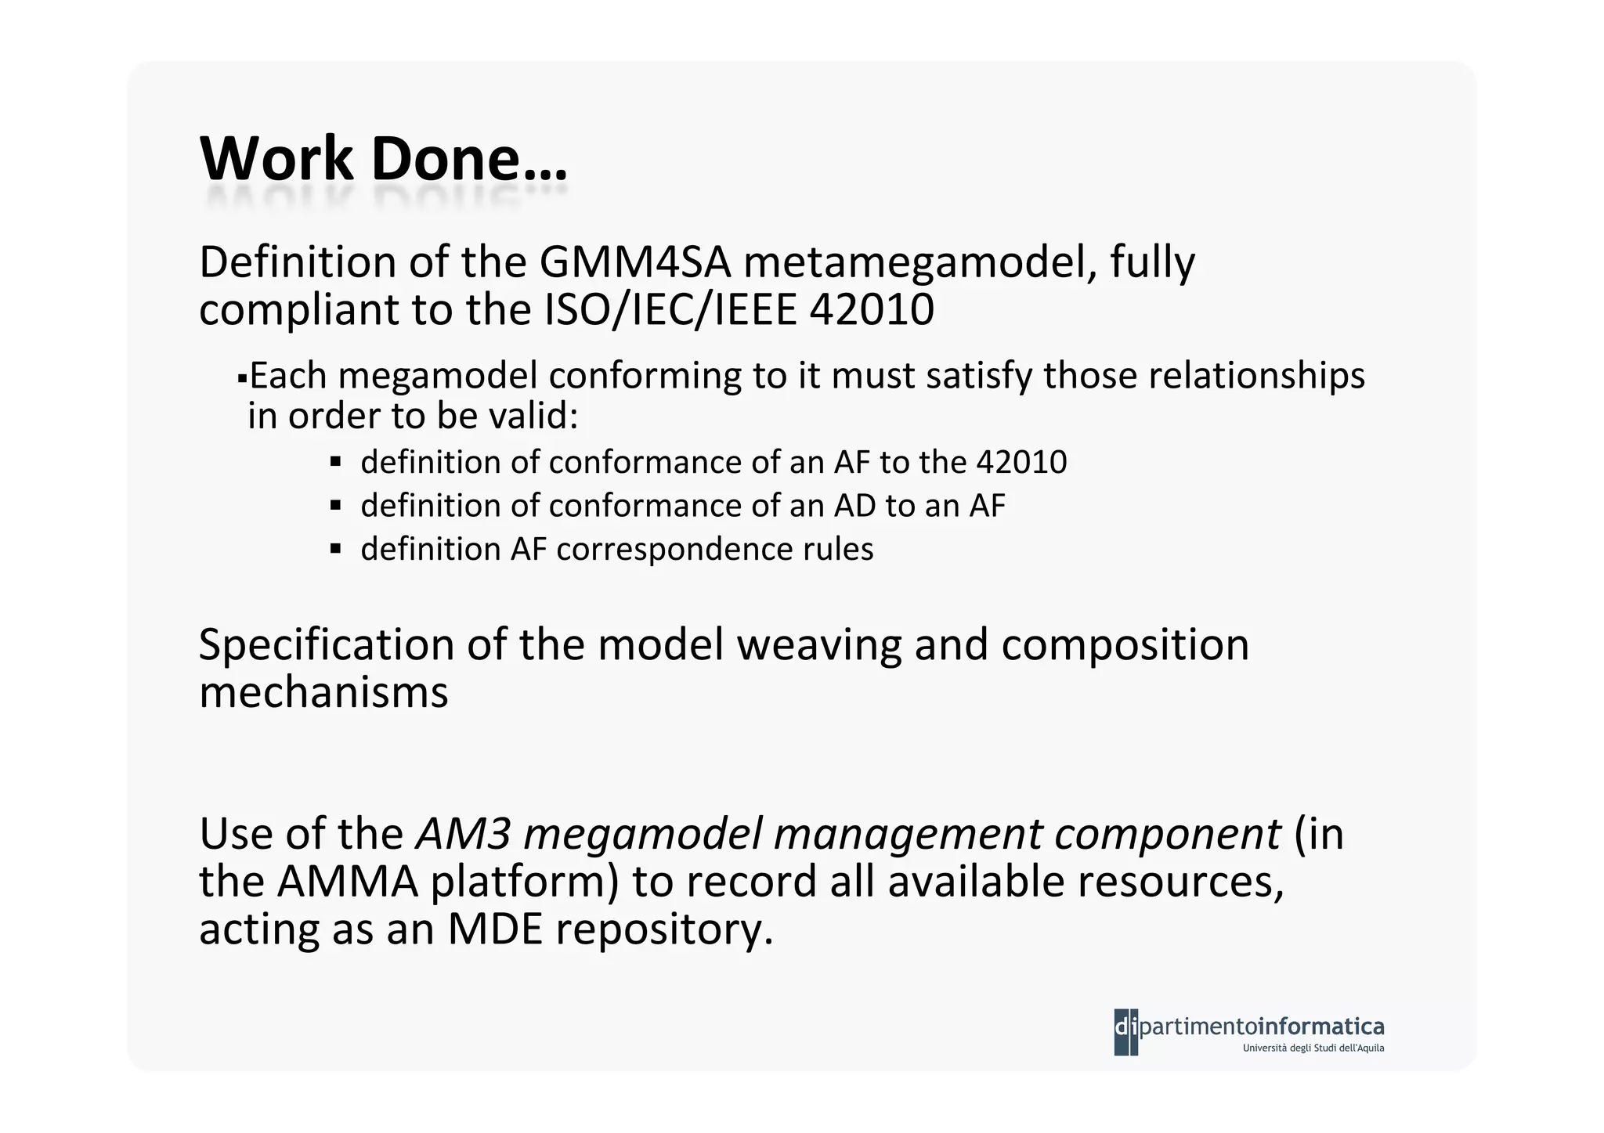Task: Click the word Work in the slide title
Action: coord(276,159)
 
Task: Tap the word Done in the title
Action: coord(445,159)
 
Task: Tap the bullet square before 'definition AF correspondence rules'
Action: coord(336,549)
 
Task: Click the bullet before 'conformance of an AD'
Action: coord(336,506)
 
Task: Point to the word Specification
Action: coord(327,646)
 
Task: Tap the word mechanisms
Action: coord(323,693)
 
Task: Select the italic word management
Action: coord(908,835)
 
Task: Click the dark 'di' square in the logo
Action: coord(1125,1030)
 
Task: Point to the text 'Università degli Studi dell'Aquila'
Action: coord(1313,1048)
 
